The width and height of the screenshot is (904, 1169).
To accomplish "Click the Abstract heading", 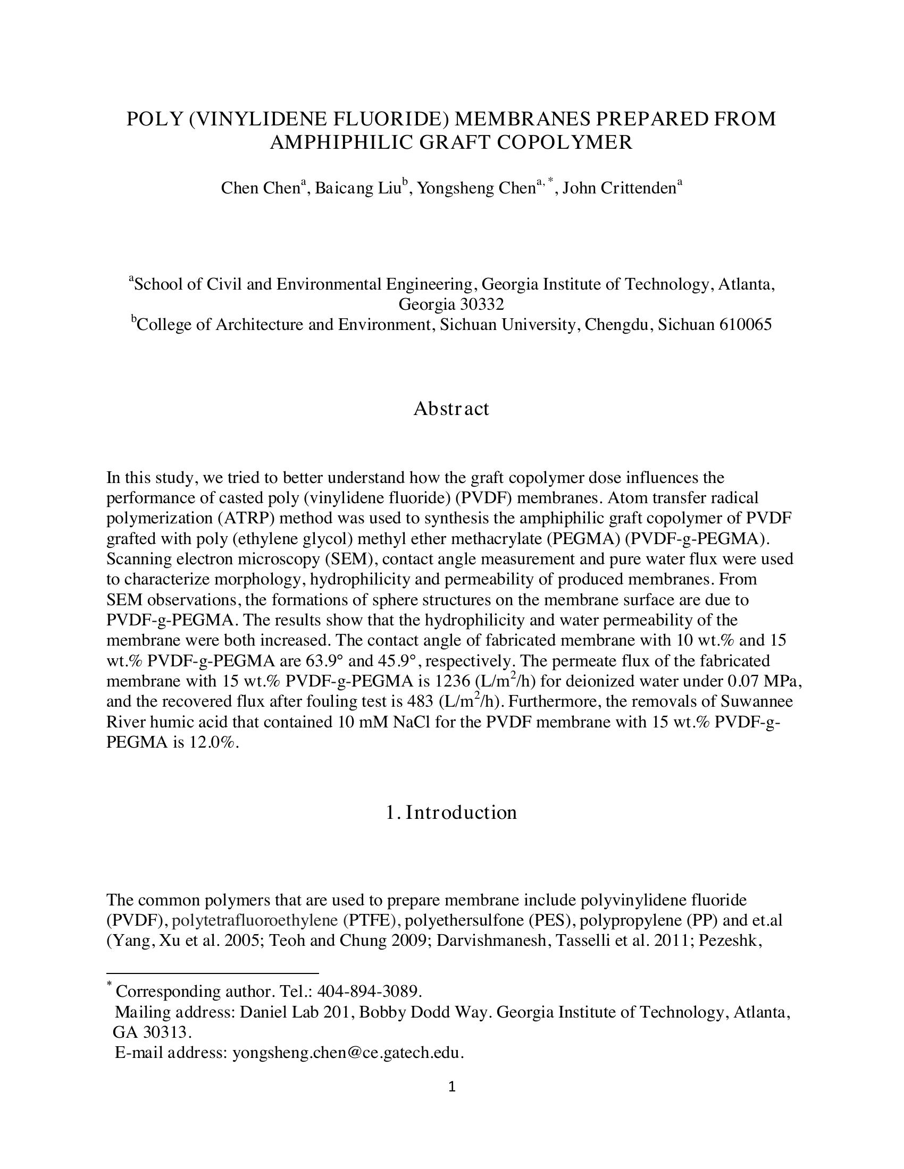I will [x=451, y=409].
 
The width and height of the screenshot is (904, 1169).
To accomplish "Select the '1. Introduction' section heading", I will [x=451, y=812].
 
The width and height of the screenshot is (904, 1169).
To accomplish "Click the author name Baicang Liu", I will [x=358, y=189].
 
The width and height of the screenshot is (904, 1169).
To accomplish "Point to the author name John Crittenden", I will [x=619, y=189].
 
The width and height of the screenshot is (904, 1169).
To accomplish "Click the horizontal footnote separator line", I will [x=213, y=972].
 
